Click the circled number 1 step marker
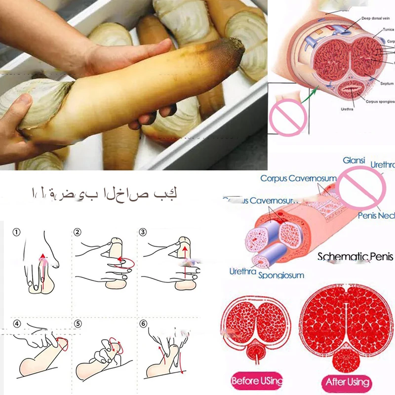coord(17,232)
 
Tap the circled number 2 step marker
coord(78,232)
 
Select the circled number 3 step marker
coord(143,232)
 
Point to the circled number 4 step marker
coord(17,324)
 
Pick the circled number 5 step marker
coord(78,324)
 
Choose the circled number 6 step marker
coord(143,324)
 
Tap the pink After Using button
coord(348,382)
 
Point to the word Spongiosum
coord(281,275)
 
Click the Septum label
coord(387,83)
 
